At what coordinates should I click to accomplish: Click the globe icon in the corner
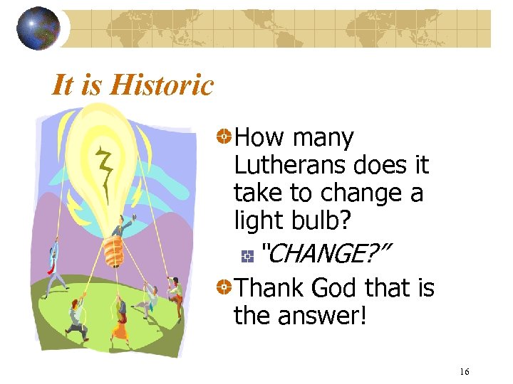coord(38,28)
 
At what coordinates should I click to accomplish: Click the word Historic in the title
coord(162,85)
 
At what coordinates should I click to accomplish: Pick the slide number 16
coord(465,372)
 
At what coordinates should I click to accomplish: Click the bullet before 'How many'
coord(224,135)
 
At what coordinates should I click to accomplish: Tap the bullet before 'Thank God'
coord(224,287)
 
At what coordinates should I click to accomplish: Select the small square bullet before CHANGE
coord(247,253)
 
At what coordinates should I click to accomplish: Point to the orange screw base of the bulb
coord(114,251)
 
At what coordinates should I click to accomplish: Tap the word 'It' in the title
coord(62,85)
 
